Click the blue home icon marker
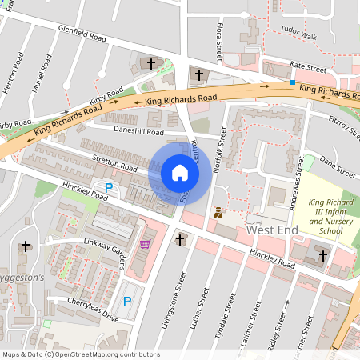pyautogui.click(x=180, y=172)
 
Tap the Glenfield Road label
pyautogui.click(x=82, y=32)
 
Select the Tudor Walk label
pyautogui.click(x=300, y=36)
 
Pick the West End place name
pyautogui.click(x=272, y=230)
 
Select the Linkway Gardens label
pyautogui.click(x=108, y=249)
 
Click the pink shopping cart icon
pyautogui.click(x=145, y=244)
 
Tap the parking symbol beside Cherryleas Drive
pyautogui.click(x=126, y=302)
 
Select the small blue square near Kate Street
pyautogui.click(x=293, y=82)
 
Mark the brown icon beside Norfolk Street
pyautogui.click(x=218, y=213)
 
